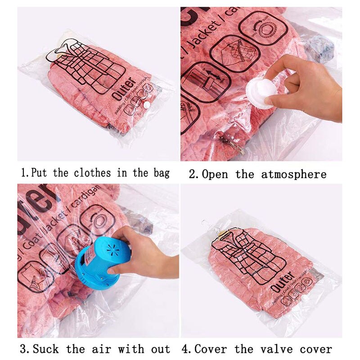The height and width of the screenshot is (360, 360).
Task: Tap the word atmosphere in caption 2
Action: (294, 174)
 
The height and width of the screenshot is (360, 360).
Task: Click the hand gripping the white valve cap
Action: (306, 88)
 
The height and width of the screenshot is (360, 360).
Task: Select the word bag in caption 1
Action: (159, 173)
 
